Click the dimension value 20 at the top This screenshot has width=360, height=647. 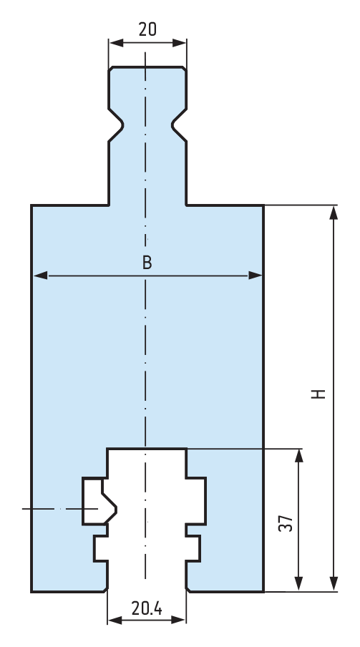coord(147,29)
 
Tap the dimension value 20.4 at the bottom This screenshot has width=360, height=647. coord(147,608)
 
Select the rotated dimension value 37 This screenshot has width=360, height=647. coord(286,523)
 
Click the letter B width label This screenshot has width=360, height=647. coord(147,263)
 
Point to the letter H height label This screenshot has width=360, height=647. coord(318,394)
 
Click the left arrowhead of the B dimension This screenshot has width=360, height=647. coord(40,276)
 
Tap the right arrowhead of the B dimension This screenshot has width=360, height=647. coord(255,276)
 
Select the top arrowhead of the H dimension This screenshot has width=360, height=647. coord(334,213)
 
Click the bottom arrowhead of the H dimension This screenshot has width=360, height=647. coord(334,584)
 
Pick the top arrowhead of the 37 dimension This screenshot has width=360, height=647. coord(299,457)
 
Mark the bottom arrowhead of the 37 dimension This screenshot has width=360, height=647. coord(299,584)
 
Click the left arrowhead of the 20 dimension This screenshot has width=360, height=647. coord(117,42)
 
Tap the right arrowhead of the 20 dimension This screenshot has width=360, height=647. coord(179,42)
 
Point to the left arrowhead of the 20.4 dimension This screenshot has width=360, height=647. coord(115,620)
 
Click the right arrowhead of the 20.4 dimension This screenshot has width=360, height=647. coord(177,620)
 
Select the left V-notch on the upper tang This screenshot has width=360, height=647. coord(117,125)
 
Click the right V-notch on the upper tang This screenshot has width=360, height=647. coord(178,125)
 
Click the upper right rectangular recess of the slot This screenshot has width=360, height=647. coord(195,501)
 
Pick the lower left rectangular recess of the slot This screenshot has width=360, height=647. coord(101,548)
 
